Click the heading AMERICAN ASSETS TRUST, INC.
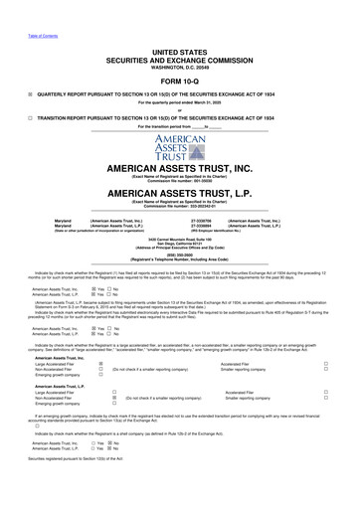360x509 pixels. tap(179, 170)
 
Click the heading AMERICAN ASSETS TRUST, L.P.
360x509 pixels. tap(179, 195)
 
